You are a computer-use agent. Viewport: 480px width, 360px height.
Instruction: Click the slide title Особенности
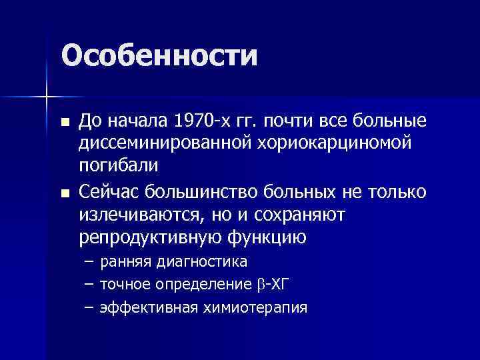point(159,55)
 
